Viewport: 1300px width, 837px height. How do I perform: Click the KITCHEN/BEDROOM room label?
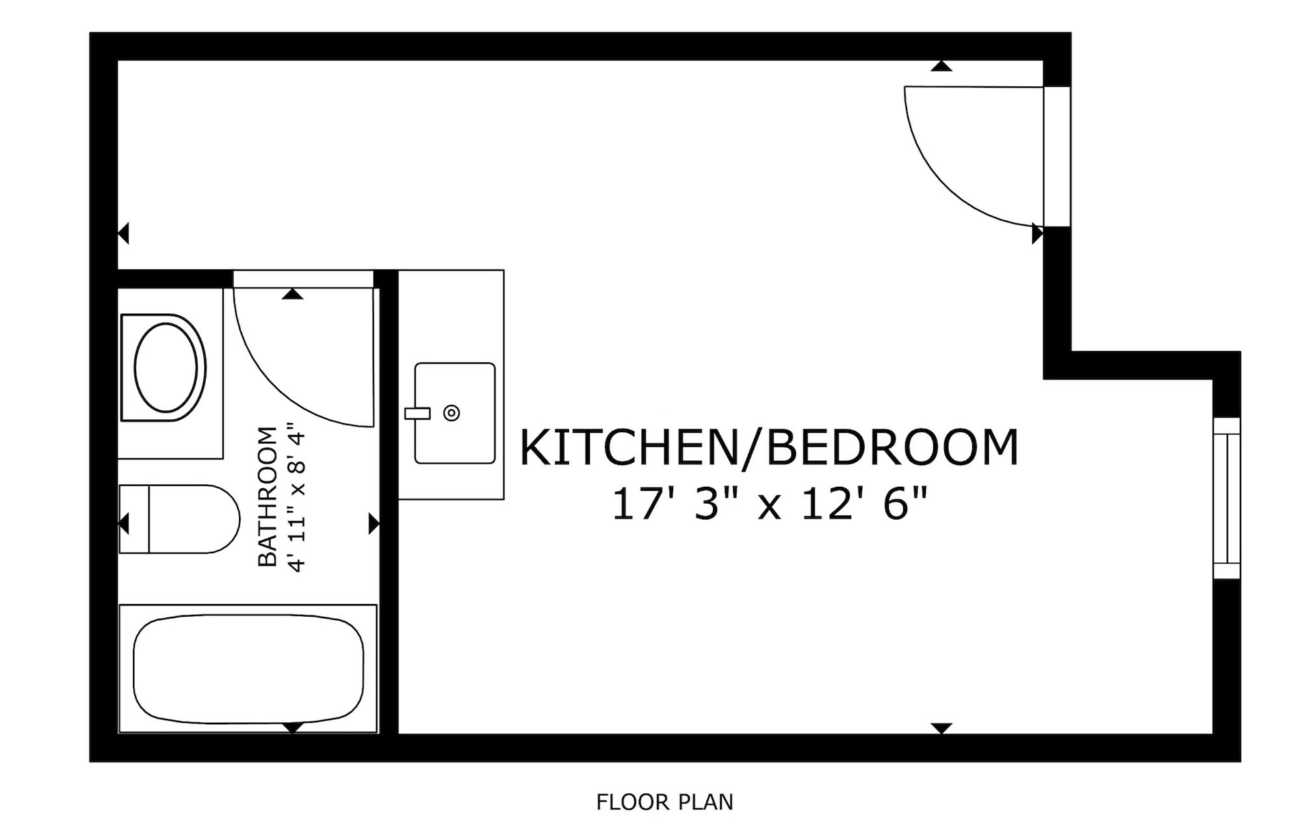point(769,447)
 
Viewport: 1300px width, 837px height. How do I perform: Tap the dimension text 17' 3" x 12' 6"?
point(769,504)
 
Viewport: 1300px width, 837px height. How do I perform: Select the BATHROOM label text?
point(267,496)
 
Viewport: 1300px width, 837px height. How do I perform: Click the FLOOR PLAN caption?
point(664,803)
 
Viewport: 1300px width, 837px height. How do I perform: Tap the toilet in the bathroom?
point(179,519)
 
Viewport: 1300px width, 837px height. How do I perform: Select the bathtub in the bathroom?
point(248,669)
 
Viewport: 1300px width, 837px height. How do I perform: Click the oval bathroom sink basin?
point(166,367)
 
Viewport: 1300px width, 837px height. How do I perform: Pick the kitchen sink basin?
point(455,414)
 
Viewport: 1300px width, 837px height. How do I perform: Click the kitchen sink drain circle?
point(452,413)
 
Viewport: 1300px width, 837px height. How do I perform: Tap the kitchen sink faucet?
point(417,413)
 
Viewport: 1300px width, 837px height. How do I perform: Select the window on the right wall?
point(1227,498)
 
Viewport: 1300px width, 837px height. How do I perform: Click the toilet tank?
point(135,519)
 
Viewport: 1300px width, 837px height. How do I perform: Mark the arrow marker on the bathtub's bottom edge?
point(293,727)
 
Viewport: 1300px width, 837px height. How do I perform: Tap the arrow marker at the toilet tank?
point(123,524)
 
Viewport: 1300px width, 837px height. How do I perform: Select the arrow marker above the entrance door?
point(941,65)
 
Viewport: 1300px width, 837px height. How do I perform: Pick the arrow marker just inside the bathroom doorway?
point(293,294)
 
